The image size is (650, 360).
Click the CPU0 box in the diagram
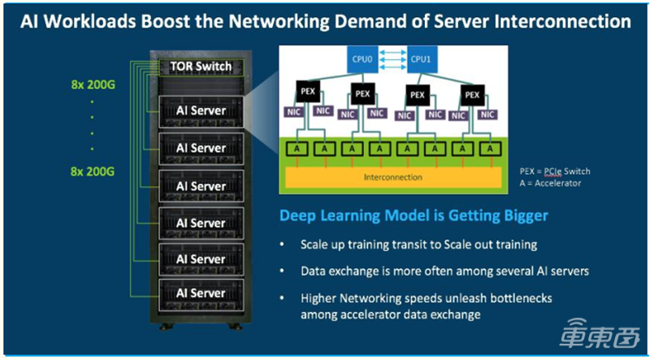click(362, 59)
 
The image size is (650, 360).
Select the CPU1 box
click(418, 59)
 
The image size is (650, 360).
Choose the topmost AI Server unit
click(201, 111)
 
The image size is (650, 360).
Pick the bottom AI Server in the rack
click(201, 293)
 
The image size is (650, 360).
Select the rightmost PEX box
click(470, 93)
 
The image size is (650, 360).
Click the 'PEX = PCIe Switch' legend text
click(554, 171)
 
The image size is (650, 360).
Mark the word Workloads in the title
click(115, 22)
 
